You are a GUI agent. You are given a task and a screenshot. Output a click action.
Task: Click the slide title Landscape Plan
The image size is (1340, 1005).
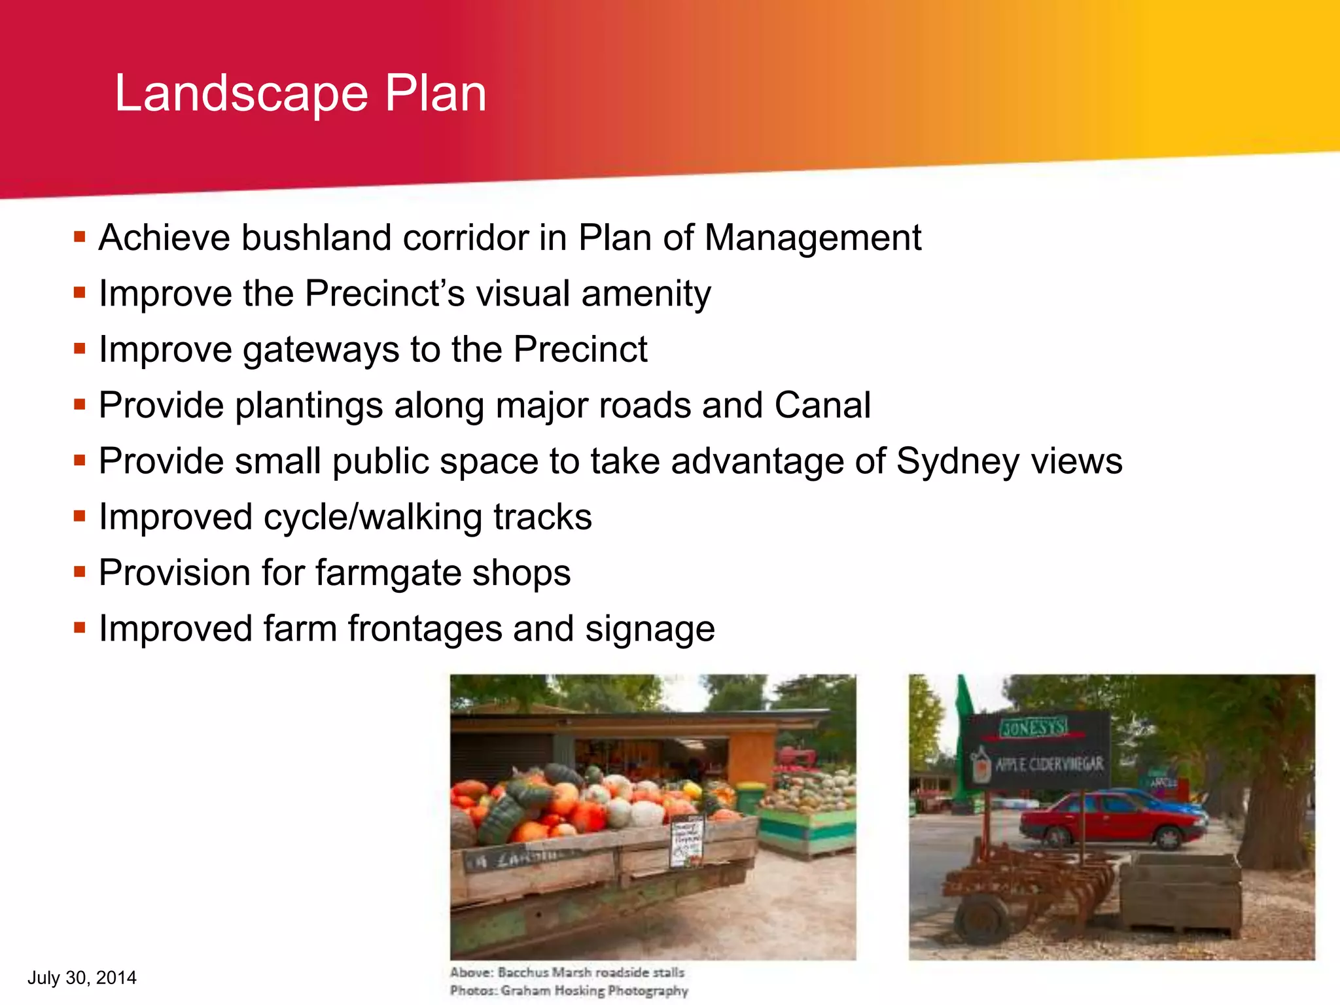(x=300, y=94)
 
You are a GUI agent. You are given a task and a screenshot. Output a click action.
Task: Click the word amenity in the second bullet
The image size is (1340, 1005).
(x=646, y=294)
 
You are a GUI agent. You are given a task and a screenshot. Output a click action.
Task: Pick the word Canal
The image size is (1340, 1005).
(x=822, y=405)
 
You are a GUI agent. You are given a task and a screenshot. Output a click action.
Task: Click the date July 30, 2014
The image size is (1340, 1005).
(x=82, y=978)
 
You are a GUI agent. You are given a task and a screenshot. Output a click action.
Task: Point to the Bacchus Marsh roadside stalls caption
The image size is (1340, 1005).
(x=567, y=972)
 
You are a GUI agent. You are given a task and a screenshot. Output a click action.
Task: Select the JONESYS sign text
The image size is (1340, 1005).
(x=1033, y=727)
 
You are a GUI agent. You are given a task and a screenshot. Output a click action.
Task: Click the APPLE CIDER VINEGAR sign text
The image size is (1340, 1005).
(x=1049, y=764)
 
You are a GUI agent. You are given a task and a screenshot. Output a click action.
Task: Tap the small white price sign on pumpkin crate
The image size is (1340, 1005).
(x=687, y=841)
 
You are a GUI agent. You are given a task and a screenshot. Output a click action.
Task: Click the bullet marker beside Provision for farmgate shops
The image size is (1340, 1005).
(x=80, y=573)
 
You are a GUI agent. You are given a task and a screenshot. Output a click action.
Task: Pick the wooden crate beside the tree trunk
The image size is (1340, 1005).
(x=1180, y=893)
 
